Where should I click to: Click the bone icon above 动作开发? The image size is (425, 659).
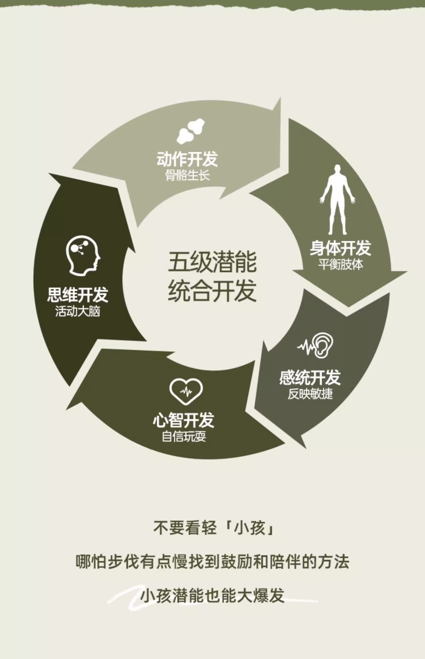click(x=191, y=131)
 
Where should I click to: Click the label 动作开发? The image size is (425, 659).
click(x=187, y=159)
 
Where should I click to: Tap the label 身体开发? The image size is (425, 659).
click(x=340, y=248)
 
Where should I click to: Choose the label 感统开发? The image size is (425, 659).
click(x=310, y=377)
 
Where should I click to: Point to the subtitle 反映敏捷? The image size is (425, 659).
click(x=310, y=394)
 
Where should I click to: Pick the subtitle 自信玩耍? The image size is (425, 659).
click(x=184, y=437)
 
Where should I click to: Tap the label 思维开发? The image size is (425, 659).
click(x=78, y=295)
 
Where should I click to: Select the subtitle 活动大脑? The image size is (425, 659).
click(x=78, y=311)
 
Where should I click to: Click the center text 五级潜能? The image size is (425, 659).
click(x=212, y=262)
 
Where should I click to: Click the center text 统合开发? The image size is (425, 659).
click(x=212, y=291)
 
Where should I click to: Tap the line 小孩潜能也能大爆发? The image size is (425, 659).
click(x=212, y=595)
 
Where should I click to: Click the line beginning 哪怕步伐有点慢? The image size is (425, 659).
click(x=212, y=562)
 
